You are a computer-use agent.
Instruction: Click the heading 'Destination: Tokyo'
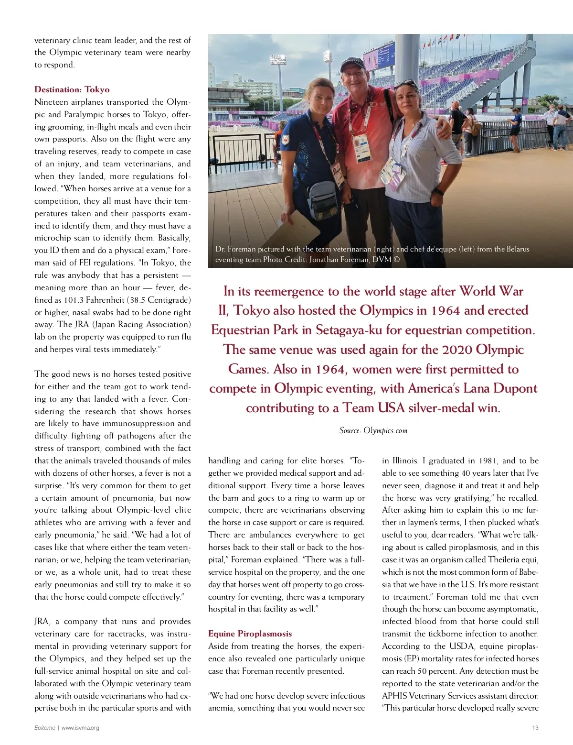coord(72,89)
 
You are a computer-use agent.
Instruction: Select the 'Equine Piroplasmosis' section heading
coord(250,634)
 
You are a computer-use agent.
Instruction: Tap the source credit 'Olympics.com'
coord(385,430)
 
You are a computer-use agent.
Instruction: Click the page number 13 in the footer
coord(535,728)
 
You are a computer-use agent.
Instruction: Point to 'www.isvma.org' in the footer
coord(80,728)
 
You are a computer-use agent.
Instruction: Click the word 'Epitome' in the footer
coord(44,728)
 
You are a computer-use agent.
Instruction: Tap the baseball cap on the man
coord(352,64)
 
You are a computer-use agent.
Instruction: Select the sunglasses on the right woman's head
coord(405,85)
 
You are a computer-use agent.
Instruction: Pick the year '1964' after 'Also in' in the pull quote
coord(329,369)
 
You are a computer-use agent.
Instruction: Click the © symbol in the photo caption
coord(396,260)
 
